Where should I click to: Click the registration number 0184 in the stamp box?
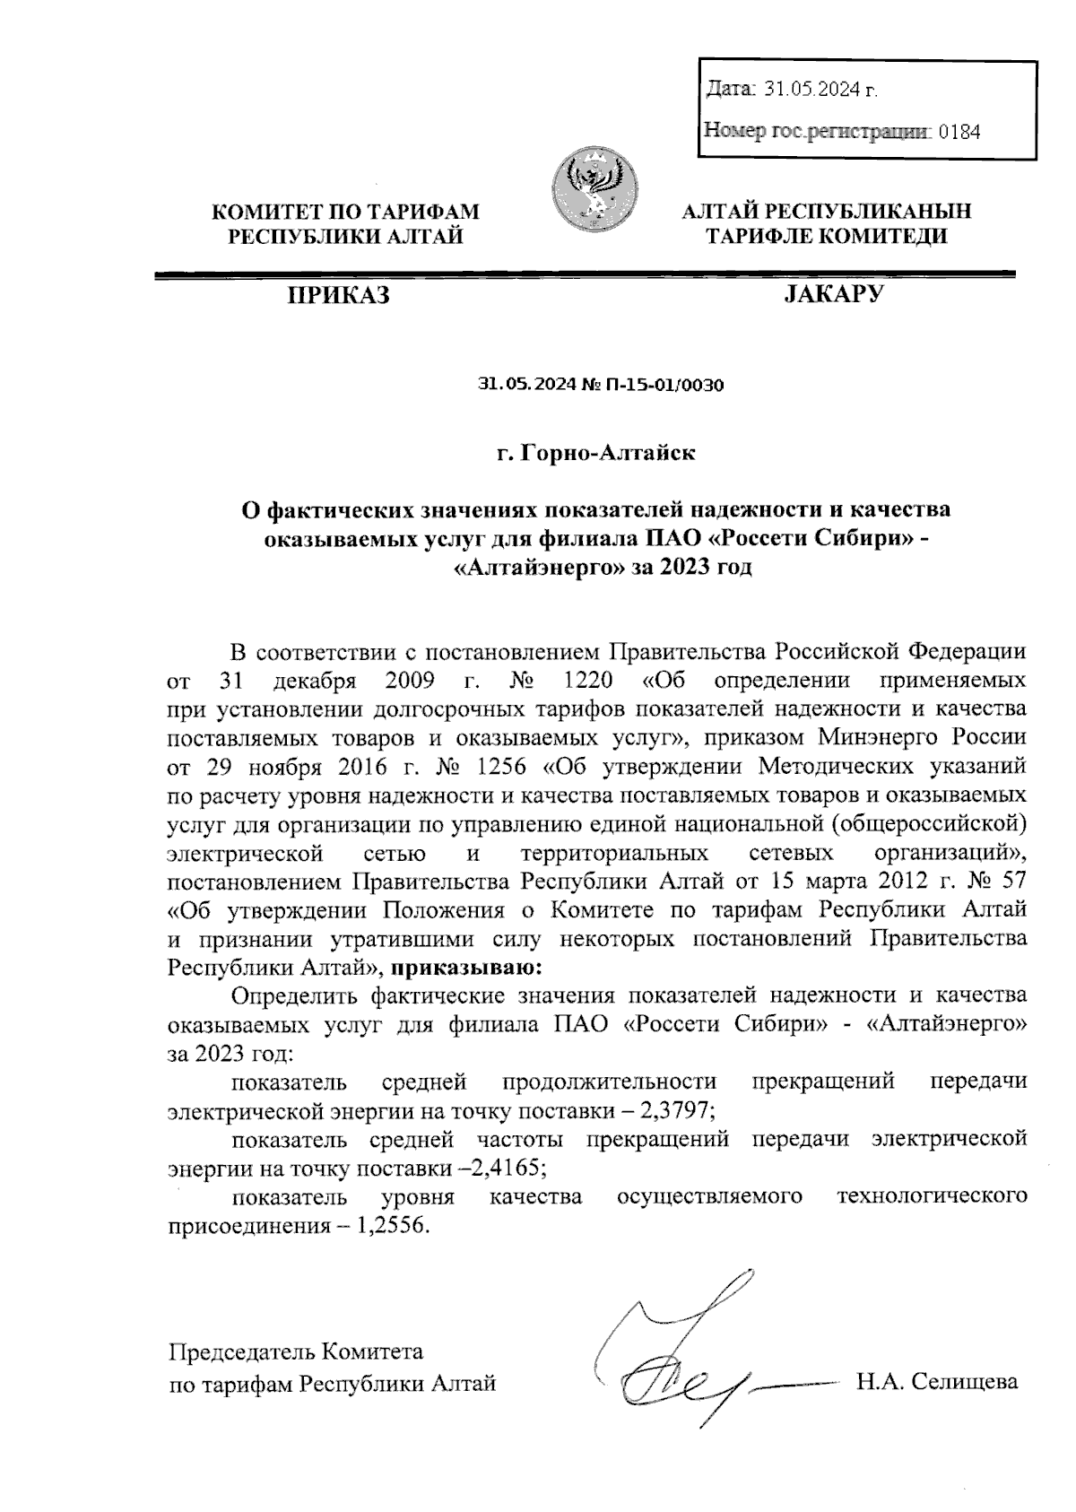tap(959, 133)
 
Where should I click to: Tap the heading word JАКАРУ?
tap(833, 294)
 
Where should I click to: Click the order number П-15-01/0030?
tap(665, 387)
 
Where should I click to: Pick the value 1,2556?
tap(393, 1226)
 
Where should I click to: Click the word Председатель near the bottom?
tap(244, 1351)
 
